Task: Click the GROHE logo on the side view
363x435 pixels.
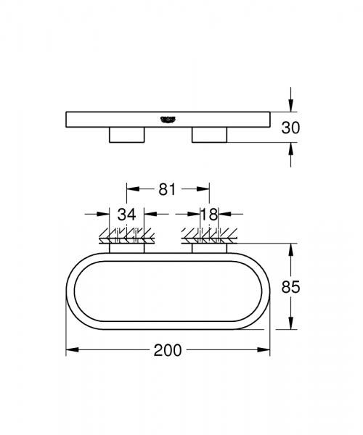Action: (x=169, y=118)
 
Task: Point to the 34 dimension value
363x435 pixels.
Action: (x=127, y=214)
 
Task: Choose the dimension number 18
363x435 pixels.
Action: (x=209, y=214)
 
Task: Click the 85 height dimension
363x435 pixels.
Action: (x=290, y=286)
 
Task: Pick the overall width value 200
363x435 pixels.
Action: (x=168, y=350)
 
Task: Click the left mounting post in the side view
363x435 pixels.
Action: (x=127, y=135)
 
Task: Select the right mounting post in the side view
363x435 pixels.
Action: (x=209, y=135)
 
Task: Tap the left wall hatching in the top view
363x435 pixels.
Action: (x=127, y=236)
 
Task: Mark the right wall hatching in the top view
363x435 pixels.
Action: (x=209, y=236)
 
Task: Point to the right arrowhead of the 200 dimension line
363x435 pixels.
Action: (x=264, y=350)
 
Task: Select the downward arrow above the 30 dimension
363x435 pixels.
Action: (x=290, y=103)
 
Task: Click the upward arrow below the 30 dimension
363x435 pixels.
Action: (x=290, y=150)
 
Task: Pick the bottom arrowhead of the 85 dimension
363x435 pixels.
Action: (x=290, y=325)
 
